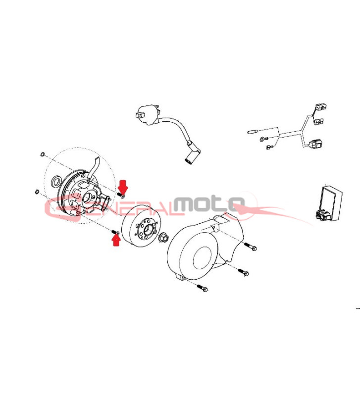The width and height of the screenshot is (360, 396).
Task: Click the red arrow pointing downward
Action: (x=123, y=186)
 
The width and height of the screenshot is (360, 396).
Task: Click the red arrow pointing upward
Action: (x=116, y=240)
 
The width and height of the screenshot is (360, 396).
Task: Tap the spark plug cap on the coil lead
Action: (x=193, y=154)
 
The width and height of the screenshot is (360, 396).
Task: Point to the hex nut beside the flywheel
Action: (x=163, y=238)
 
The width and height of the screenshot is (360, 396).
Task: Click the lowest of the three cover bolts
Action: (x=202, y=288)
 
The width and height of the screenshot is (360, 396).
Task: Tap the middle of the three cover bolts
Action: (x=243, y=272)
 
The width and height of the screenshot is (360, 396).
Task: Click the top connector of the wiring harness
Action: (x=320, y=106)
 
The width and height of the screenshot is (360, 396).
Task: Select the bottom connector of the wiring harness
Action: (x=316, y=144)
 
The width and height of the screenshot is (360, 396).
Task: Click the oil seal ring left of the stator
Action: (x=56, y=181)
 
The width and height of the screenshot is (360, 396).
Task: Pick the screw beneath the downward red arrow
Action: (x=121, y=195)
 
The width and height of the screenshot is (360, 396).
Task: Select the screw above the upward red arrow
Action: (x=115, y=232)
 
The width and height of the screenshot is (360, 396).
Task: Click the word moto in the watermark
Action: (x=209, y=203)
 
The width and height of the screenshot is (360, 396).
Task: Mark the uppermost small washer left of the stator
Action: (x=43, y=154)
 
